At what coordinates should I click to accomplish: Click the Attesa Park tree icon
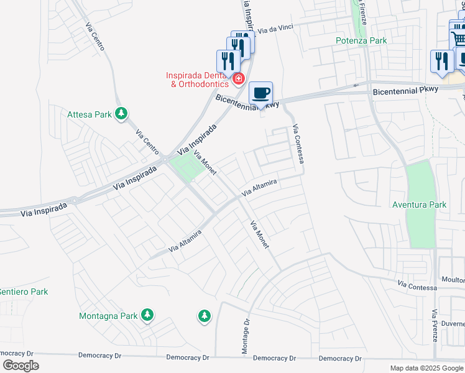pos(122,114)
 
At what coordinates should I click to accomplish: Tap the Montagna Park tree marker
pos(147,315)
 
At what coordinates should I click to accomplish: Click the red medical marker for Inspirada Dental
pos(238,79)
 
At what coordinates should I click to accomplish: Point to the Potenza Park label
pos(361,40)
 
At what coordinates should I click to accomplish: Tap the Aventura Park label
pos(419,205)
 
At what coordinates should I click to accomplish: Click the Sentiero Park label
pos(23,292)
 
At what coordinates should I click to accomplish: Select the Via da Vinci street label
pos(275,29)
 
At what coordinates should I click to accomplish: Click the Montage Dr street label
pos(244,337)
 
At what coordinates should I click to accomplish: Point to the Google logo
pos(21,365)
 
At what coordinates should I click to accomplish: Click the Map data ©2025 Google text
pos(426,368)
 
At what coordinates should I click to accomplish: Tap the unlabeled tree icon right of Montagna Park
pos(204,316)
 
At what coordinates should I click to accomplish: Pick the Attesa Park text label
pos(90,114)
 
